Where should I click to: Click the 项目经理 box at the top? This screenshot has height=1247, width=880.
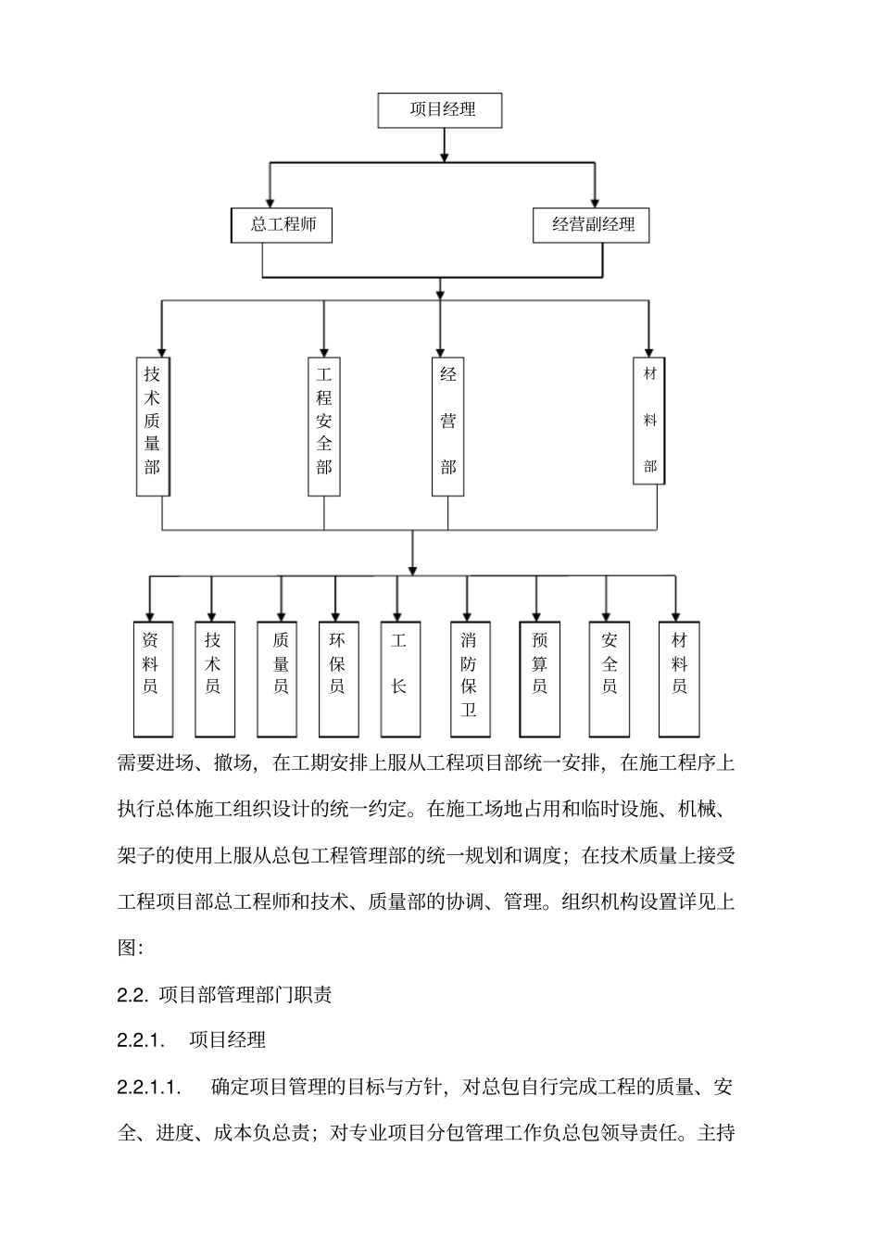[x=440, y=109]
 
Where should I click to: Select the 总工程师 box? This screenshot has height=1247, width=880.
[x=281, y=225]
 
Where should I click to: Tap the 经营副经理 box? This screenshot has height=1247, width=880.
[x=591, y=225]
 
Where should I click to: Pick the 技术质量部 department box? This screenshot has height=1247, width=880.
[x=152, y=425]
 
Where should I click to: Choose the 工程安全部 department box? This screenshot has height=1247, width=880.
[x=324, y=425]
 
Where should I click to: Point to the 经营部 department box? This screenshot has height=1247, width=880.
[x=448, y=425]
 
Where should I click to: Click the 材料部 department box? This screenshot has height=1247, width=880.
[x=650, y=420]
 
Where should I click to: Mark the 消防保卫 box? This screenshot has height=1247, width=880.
[x=470, y=678]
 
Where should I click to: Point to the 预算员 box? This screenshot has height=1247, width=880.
[x=539, y=678]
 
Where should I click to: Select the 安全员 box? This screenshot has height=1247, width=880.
[x=609, y=678]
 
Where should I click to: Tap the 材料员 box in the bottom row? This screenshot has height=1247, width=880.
[x=679, y=678]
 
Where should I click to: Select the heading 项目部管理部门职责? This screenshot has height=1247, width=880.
[x=245, y=995]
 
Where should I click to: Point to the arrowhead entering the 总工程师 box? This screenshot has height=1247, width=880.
[x=270, y=201]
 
